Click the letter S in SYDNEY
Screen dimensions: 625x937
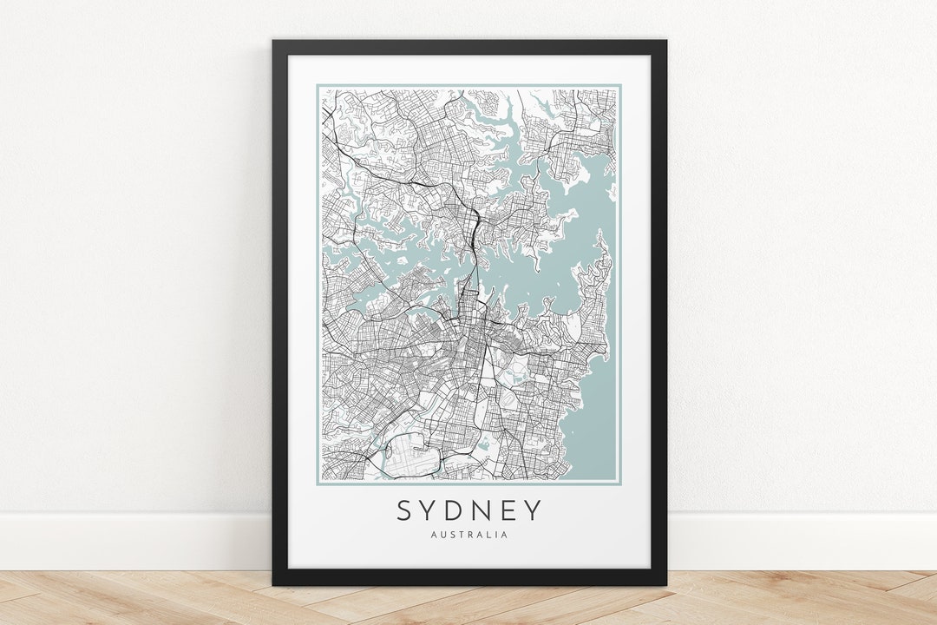(x=405, y=510)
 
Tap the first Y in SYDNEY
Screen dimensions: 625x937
(x=432, y=510)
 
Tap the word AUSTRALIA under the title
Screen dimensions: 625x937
(x=469, y=535)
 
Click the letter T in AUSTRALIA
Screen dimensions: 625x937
(x=463, y=535)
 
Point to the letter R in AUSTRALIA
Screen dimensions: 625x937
(x=473, y=535)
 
